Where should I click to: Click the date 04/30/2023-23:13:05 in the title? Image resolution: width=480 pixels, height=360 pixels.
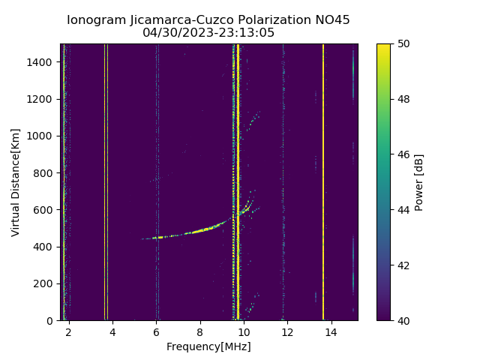[x=208, y=33]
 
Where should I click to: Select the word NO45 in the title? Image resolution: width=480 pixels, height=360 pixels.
[x=329, y=20]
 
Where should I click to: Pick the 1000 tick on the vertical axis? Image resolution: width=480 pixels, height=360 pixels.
[x=42, y=136]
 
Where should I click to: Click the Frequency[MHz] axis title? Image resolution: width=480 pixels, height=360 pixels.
[x=208, y=346]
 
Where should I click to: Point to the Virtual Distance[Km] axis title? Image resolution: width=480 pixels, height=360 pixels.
[x=16, y=182]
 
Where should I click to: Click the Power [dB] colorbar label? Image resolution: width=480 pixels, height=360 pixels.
[x=419, y=182]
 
